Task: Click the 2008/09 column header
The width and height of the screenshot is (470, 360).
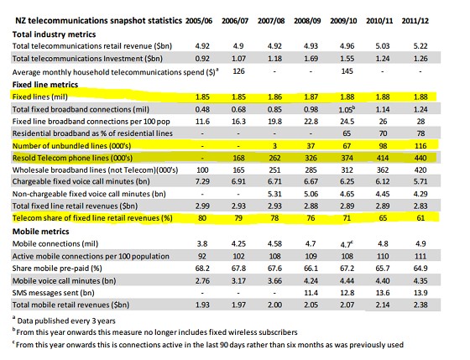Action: [x=307, y=21]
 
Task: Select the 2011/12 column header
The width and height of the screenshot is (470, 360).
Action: [x=415, y=21]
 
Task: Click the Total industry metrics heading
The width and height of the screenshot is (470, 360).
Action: [x=54, y=34]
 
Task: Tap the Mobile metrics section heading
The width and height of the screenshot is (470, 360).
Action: [x=41, y=232]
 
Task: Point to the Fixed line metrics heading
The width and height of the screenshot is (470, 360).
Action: [x=45, y=85]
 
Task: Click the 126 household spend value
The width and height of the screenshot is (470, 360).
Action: [x=238, y=71]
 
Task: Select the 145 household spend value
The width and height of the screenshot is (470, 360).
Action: [x=347, y=71]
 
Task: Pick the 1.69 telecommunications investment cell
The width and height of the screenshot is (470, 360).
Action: [x=311, y=59]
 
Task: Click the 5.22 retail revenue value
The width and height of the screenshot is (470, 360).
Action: [x=420, y=46]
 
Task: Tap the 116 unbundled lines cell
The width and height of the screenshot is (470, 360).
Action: [x=420, y=146]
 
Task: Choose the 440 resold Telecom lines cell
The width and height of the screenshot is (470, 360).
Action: [x=420, y=158]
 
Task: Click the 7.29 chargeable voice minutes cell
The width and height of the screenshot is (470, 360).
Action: [x=202, y=181]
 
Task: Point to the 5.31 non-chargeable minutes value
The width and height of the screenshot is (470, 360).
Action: [x=274, y=194]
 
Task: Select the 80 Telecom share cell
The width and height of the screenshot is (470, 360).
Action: [x=202, y=218]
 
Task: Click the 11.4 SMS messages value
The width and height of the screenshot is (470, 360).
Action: [x=311, y=293]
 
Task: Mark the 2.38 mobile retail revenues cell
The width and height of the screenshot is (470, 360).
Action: [x=420, y=305]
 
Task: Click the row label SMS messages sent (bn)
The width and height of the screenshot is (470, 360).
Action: [x=54, y=293]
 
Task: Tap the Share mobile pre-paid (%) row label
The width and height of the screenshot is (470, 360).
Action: [x=57, y=269]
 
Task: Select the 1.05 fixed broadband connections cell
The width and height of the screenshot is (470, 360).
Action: [x=347, y=109]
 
